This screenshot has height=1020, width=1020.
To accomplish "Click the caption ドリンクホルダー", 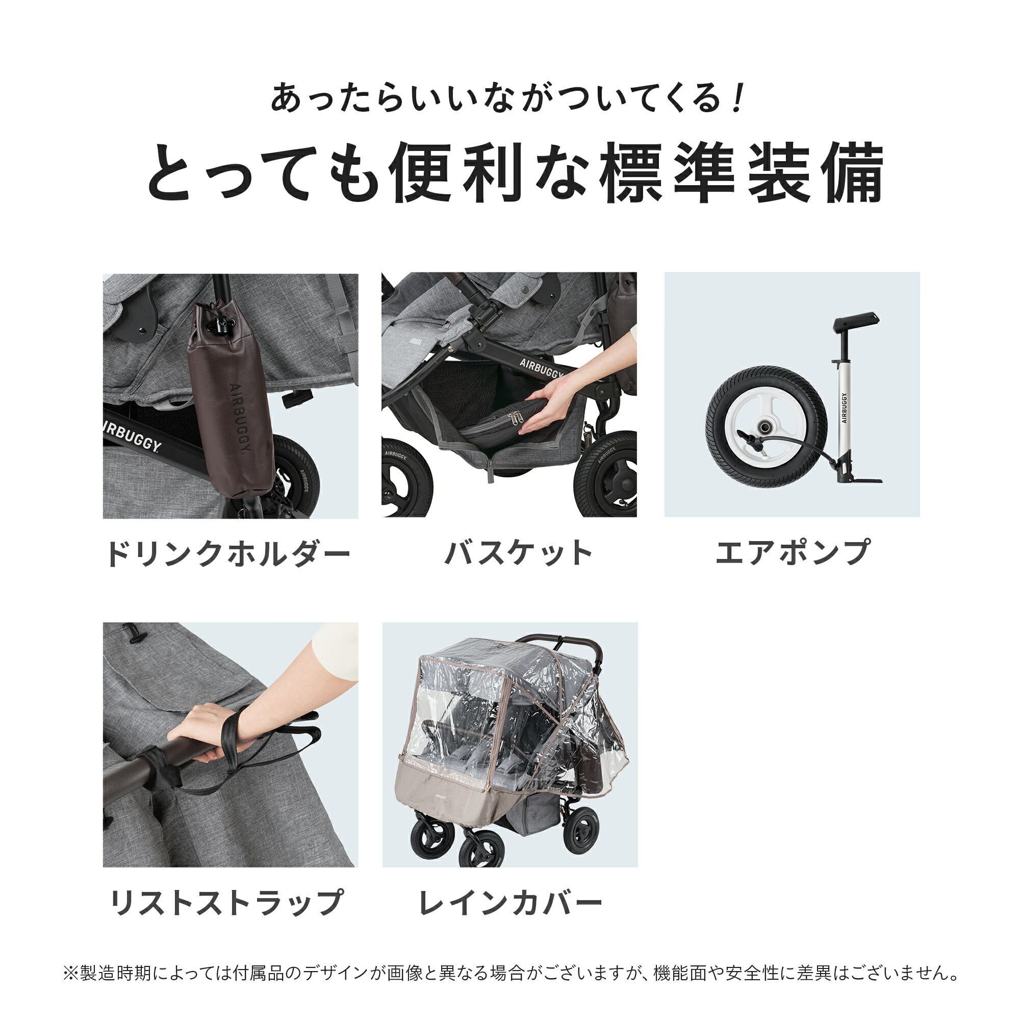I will click(x=228, y=553).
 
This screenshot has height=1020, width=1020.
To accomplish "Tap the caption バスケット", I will click(x=519, y=553).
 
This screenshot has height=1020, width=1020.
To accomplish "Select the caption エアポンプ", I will click(x=792, y=552).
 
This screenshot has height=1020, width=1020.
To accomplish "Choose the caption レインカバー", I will click(x=510, y=903).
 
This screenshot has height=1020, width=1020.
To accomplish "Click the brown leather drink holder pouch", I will click(x=231, y=401).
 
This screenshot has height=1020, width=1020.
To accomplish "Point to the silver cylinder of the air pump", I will click(x=844, y=406).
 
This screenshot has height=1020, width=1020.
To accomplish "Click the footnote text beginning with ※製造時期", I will click(x=510, y=973).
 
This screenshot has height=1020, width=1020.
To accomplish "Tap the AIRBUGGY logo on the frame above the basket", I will click(x=541, y=368).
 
